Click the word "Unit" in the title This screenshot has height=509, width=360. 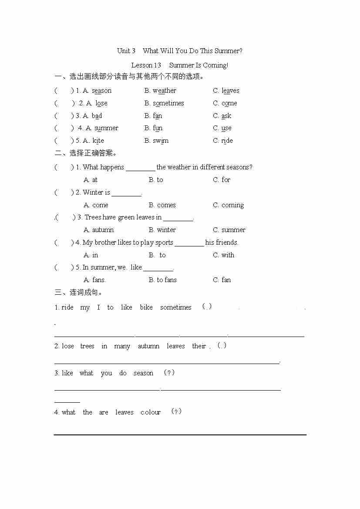[123, 51]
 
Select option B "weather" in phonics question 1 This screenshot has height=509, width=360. [164, 91]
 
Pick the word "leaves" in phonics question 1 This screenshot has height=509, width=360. [230, 91]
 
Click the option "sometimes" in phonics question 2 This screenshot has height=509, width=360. [168, 103]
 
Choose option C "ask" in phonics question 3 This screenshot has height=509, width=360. [226, 116]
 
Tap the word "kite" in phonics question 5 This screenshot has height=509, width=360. [98, 141]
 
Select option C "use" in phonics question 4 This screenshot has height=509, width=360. [226, 128]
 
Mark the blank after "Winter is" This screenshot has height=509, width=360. [126, 193]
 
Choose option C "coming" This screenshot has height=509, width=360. [232, 205]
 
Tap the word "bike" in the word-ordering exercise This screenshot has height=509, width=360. [146, 307]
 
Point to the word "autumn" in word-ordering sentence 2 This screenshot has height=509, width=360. [148, 346]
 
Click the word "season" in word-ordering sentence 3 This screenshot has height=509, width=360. [143, 373]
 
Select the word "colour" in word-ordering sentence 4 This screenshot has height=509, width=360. [151, 412]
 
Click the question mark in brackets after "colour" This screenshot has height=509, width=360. [176, 411]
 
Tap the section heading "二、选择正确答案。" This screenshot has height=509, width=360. [87, 153]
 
